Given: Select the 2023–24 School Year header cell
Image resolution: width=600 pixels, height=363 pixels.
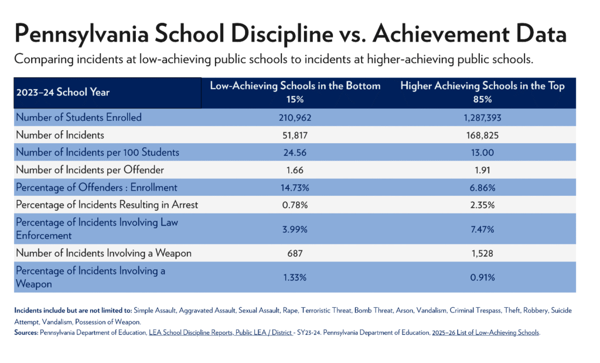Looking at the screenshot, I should point(63,92).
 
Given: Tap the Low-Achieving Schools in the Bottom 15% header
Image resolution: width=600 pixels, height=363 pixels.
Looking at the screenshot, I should point(295,92).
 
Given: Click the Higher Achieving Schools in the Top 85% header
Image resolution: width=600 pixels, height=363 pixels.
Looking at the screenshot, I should point(482,92).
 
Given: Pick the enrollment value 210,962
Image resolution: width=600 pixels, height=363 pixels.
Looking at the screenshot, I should point(295,117).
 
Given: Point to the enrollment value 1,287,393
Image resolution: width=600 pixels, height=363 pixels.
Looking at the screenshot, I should point(482,117).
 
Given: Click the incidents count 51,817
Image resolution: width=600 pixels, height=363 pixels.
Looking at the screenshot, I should point(295,135).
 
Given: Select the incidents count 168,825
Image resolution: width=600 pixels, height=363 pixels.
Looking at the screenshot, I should point(482,135).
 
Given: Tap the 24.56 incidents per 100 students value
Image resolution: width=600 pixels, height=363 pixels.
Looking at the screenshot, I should point(295,152).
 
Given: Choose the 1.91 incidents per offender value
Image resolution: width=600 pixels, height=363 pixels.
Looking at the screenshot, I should point(482,170).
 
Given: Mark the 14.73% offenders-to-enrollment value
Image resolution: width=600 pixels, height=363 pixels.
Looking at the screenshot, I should point(295,188).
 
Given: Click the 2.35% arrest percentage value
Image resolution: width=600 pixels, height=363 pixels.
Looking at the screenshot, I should point(482,205).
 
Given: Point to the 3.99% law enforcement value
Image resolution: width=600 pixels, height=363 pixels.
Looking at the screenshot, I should point(295,229).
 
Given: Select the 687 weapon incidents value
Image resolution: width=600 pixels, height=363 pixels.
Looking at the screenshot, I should point(295,253).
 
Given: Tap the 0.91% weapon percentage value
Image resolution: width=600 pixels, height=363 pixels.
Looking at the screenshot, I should point(482,277).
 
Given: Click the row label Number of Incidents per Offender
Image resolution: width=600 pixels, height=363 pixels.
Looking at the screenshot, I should point(90,170).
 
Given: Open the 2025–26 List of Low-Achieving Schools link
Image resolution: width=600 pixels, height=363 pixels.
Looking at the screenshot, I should point(486,333).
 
